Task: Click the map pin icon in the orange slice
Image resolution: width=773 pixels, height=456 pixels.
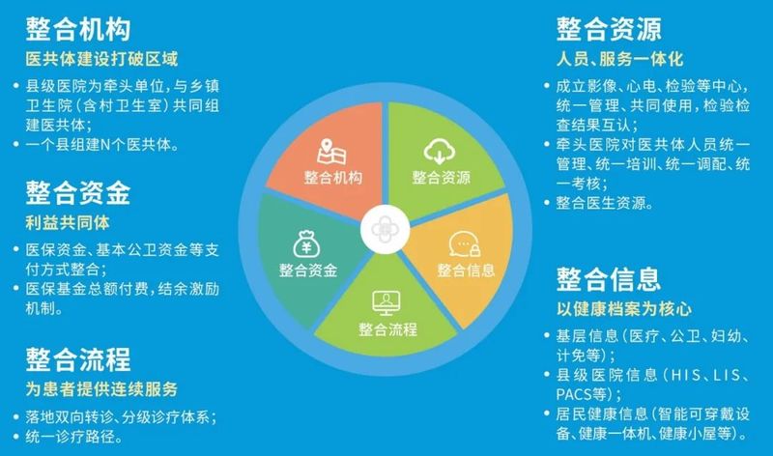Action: coord(331,152)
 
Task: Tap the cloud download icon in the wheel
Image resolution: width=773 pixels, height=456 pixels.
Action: coord(440,151)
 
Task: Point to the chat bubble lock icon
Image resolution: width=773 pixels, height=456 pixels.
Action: coord(465,244)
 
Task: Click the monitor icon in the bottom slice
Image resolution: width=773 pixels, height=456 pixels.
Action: coord(386,303)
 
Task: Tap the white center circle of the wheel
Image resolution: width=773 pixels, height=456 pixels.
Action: coord(385,230)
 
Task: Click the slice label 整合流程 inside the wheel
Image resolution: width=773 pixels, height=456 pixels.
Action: coord(388,329)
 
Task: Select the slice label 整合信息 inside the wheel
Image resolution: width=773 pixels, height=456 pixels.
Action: coord(466,271)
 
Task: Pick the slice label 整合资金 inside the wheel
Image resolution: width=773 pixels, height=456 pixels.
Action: coord(308,271)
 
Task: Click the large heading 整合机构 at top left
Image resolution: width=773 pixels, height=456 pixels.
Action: coord(78,29)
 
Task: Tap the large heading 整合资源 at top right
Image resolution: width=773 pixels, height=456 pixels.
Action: coord(609,29)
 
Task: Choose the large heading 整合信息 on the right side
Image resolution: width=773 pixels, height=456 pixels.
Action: coord(609,279)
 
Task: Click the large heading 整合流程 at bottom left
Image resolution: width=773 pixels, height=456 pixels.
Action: coord(78,358)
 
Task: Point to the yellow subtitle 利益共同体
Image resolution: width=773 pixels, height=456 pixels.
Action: coord(68,223)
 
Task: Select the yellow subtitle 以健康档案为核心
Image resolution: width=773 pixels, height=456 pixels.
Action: coord(624,309)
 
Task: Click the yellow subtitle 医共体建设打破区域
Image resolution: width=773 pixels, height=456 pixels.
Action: coord(101,59)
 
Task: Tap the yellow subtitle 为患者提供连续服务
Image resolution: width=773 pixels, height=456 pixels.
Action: coord(101,389)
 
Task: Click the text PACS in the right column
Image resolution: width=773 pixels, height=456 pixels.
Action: coord(574,394)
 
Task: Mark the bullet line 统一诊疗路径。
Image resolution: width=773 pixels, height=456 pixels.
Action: coord(74,437)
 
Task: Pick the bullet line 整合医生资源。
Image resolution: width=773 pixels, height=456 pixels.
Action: coord(605,203)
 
